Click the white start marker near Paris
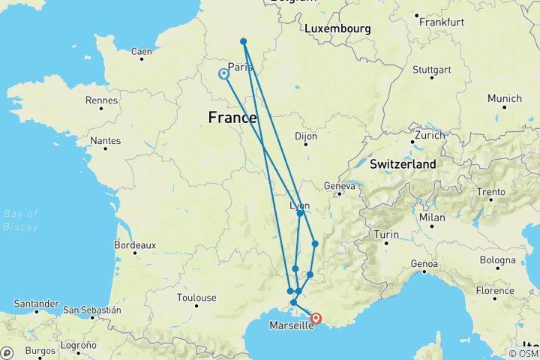(x=223, y=74)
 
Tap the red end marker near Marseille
(x=316, y=319)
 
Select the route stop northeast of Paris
(x=244, y=41)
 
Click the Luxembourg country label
(x=337, y=28)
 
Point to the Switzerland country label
(x=403, y=163)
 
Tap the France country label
(x=232, y=118)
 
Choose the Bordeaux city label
(x=134, y=244)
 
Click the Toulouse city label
(x=196, y=298)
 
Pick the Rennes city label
(x=103, y=100)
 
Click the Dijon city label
(x=306, y=136)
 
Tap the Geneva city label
(x=338, y=185)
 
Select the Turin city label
(x=386, y=235)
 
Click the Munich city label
(x=504, y=98)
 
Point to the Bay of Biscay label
(x=20, y=220)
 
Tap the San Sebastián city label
(x=91, y=309)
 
